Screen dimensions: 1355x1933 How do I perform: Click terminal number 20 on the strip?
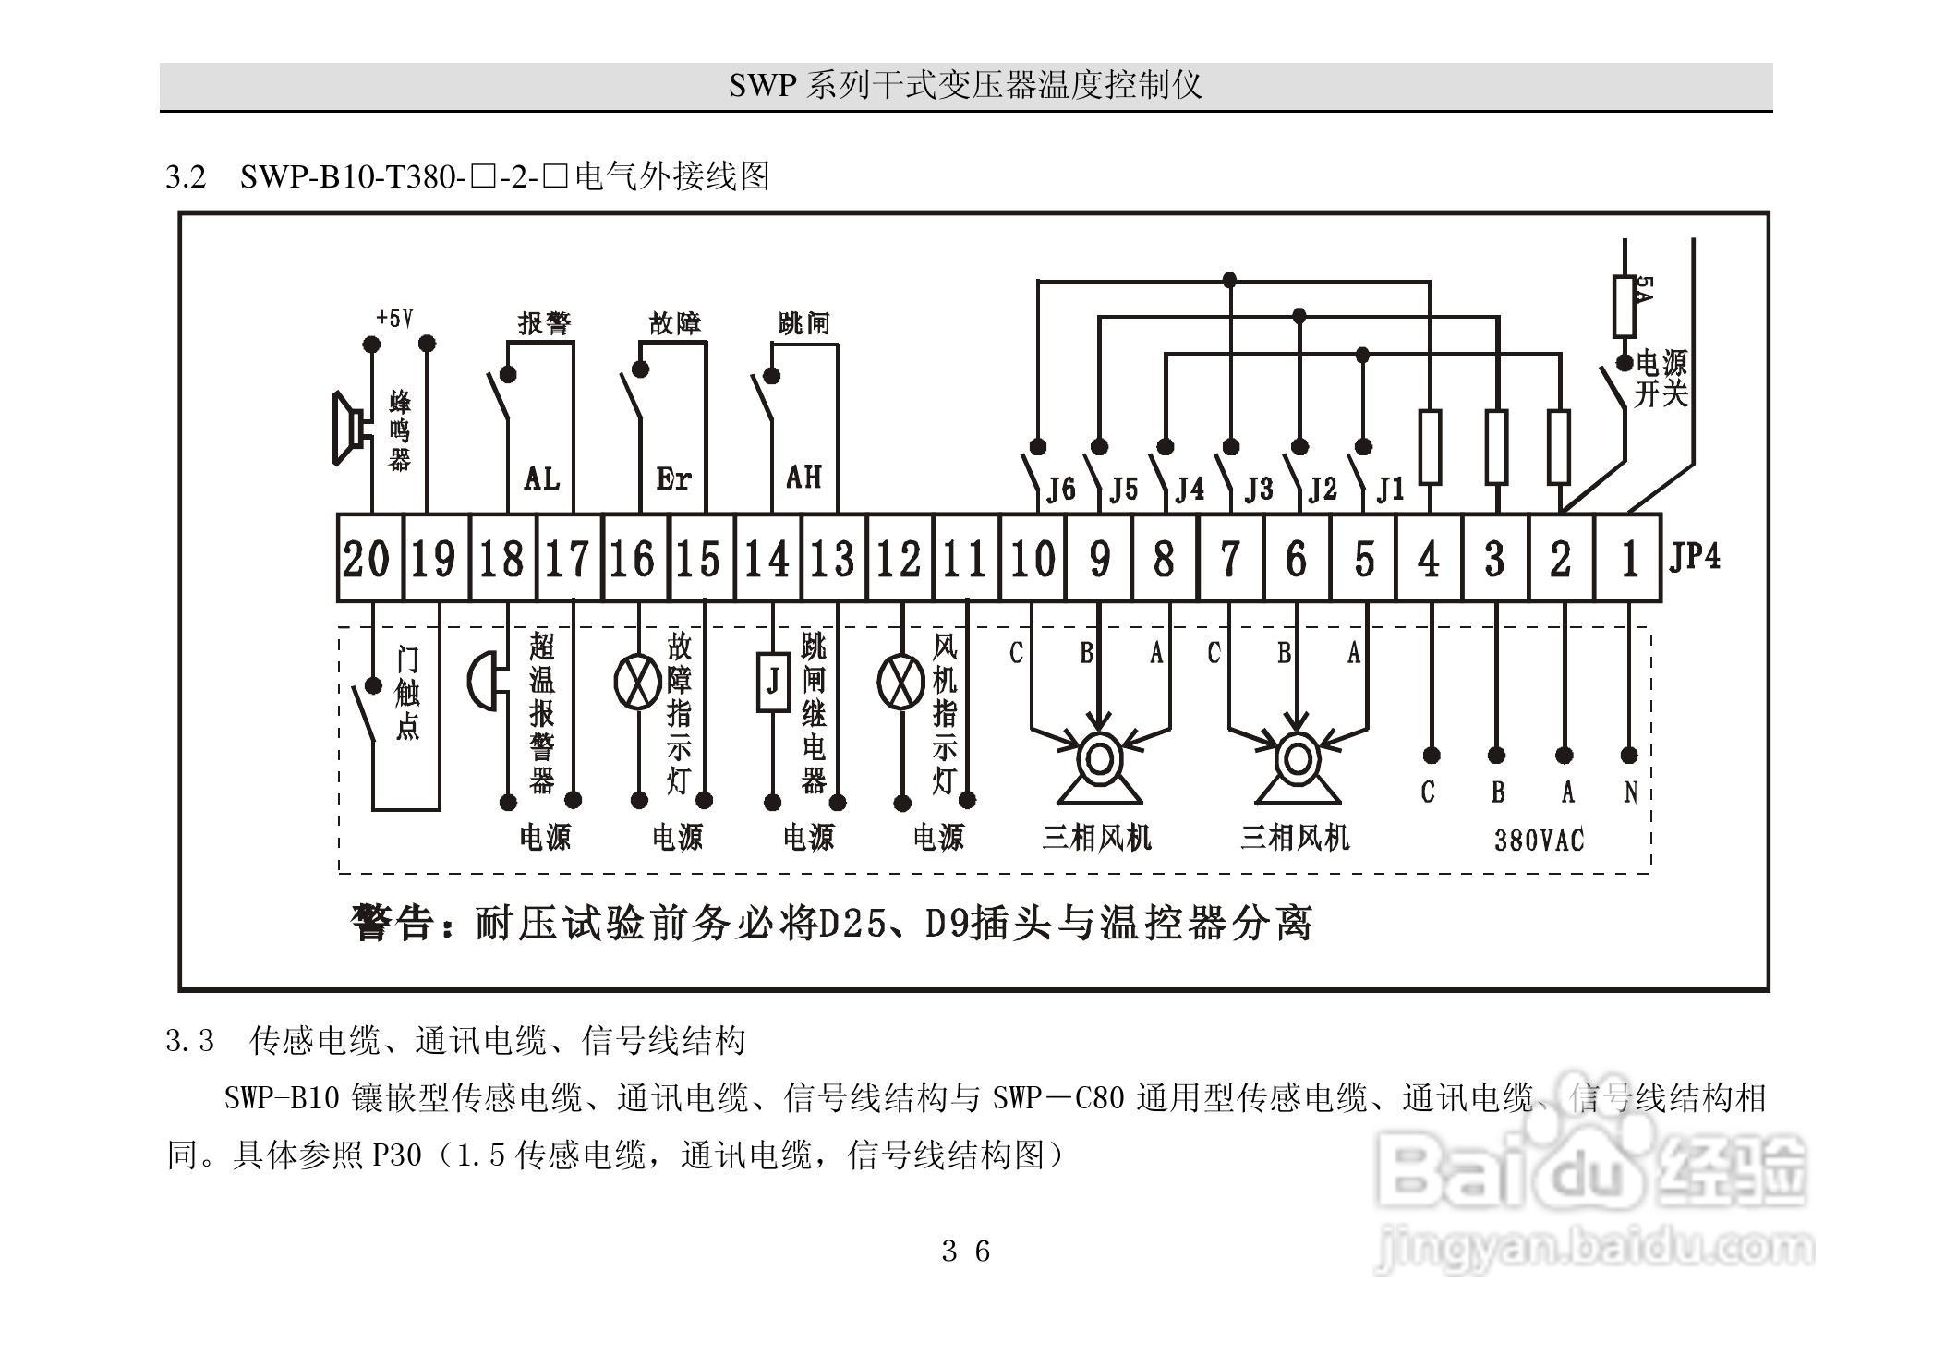click(x=367, y=559)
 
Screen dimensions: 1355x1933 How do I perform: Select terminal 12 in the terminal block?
click(x=899, y=559)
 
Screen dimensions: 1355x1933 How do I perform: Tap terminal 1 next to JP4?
click(x=1629, y=559)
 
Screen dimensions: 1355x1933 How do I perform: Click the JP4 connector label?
click(x=1695, y=557)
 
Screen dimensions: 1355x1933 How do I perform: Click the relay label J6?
click(x=1060, y=489)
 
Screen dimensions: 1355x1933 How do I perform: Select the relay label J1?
click(x=1389, y=489)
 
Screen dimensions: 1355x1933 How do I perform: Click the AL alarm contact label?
click(x=541, y=478)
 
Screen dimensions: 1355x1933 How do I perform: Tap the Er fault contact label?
click(x=673, y=478)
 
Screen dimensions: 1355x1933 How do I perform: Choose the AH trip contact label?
click(x=803, y=477)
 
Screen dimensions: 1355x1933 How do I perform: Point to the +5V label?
click(x=394, y=319)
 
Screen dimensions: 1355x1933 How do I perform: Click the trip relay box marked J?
click(x=773, y=682)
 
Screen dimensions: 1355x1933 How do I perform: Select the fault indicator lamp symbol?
click(x=637, y=682)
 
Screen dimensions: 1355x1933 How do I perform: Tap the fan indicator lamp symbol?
click(x=900, y=682)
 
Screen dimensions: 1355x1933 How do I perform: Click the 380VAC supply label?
click(x=1539, y=840)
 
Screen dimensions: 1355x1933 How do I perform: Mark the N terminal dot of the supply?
click(x=1629, y=756)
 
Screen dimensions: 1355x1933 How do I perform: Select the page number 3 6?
click(x=965, y=1252)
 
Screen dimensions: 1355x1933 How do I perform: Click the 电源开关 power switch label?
click(x=1661, y=378)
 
